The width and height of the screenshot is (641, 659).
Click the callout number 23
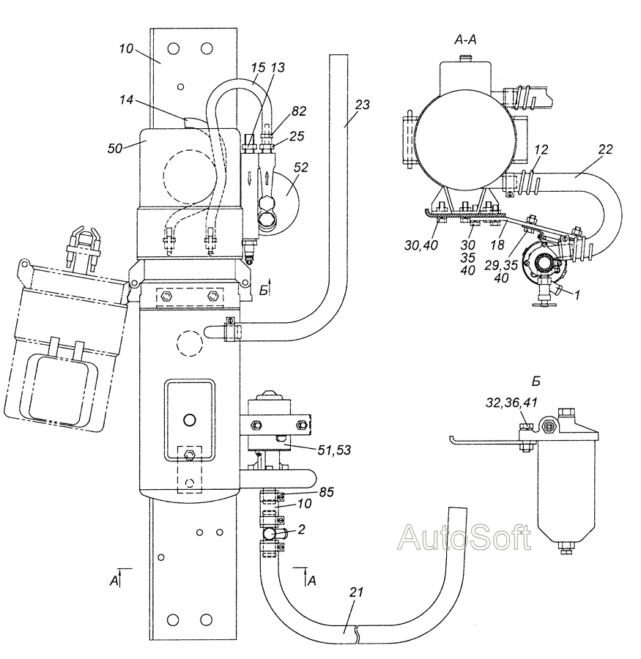[x=362, y=104]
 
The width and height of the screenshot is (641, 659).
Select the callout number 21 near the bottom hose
[x=356, y=592]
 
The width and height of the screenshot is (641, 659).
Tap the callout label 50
[x=115, y=148]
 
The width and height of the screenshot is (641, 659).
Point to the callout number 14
[x=126, y=100]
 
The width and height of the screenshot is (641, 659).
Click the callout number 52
[x=301, y=167]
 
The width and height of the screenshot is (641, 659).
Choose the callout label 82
[x=298, y=111]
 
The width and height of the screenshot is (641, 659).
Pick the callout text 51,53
[x=334, y=450]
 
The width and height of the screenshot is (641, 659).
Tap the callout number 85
[x=326, y=492]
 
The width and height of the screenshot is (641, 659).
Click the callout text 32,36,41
[x=511, y=403]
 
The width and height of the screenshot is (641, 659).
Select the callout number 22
[x=605, y=149]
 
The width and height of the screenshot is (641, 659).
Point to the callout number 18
[x=497, y=245]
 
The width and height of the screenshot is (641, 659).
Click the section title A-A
[x=466, y=40]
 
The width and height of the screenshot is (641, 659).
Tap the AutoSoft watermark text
[x=464, y=537]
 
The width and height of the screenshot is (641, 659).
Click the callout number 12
[x=541, y=149]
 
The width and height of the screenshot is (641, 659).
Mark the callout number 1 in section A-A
[x=577, y=296]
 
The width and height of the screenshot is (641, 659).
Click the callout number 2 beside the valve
[x=301, y=529]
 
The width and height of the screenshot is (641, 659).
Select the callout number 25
[x=297, y=136]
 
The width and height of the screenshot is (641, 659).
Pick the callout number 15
[x=259, y=67]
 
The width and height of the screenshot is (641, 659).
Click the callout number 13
[x=277, y=67]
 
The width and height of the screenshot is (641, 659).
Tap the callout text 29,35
[x=501, y=266]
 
